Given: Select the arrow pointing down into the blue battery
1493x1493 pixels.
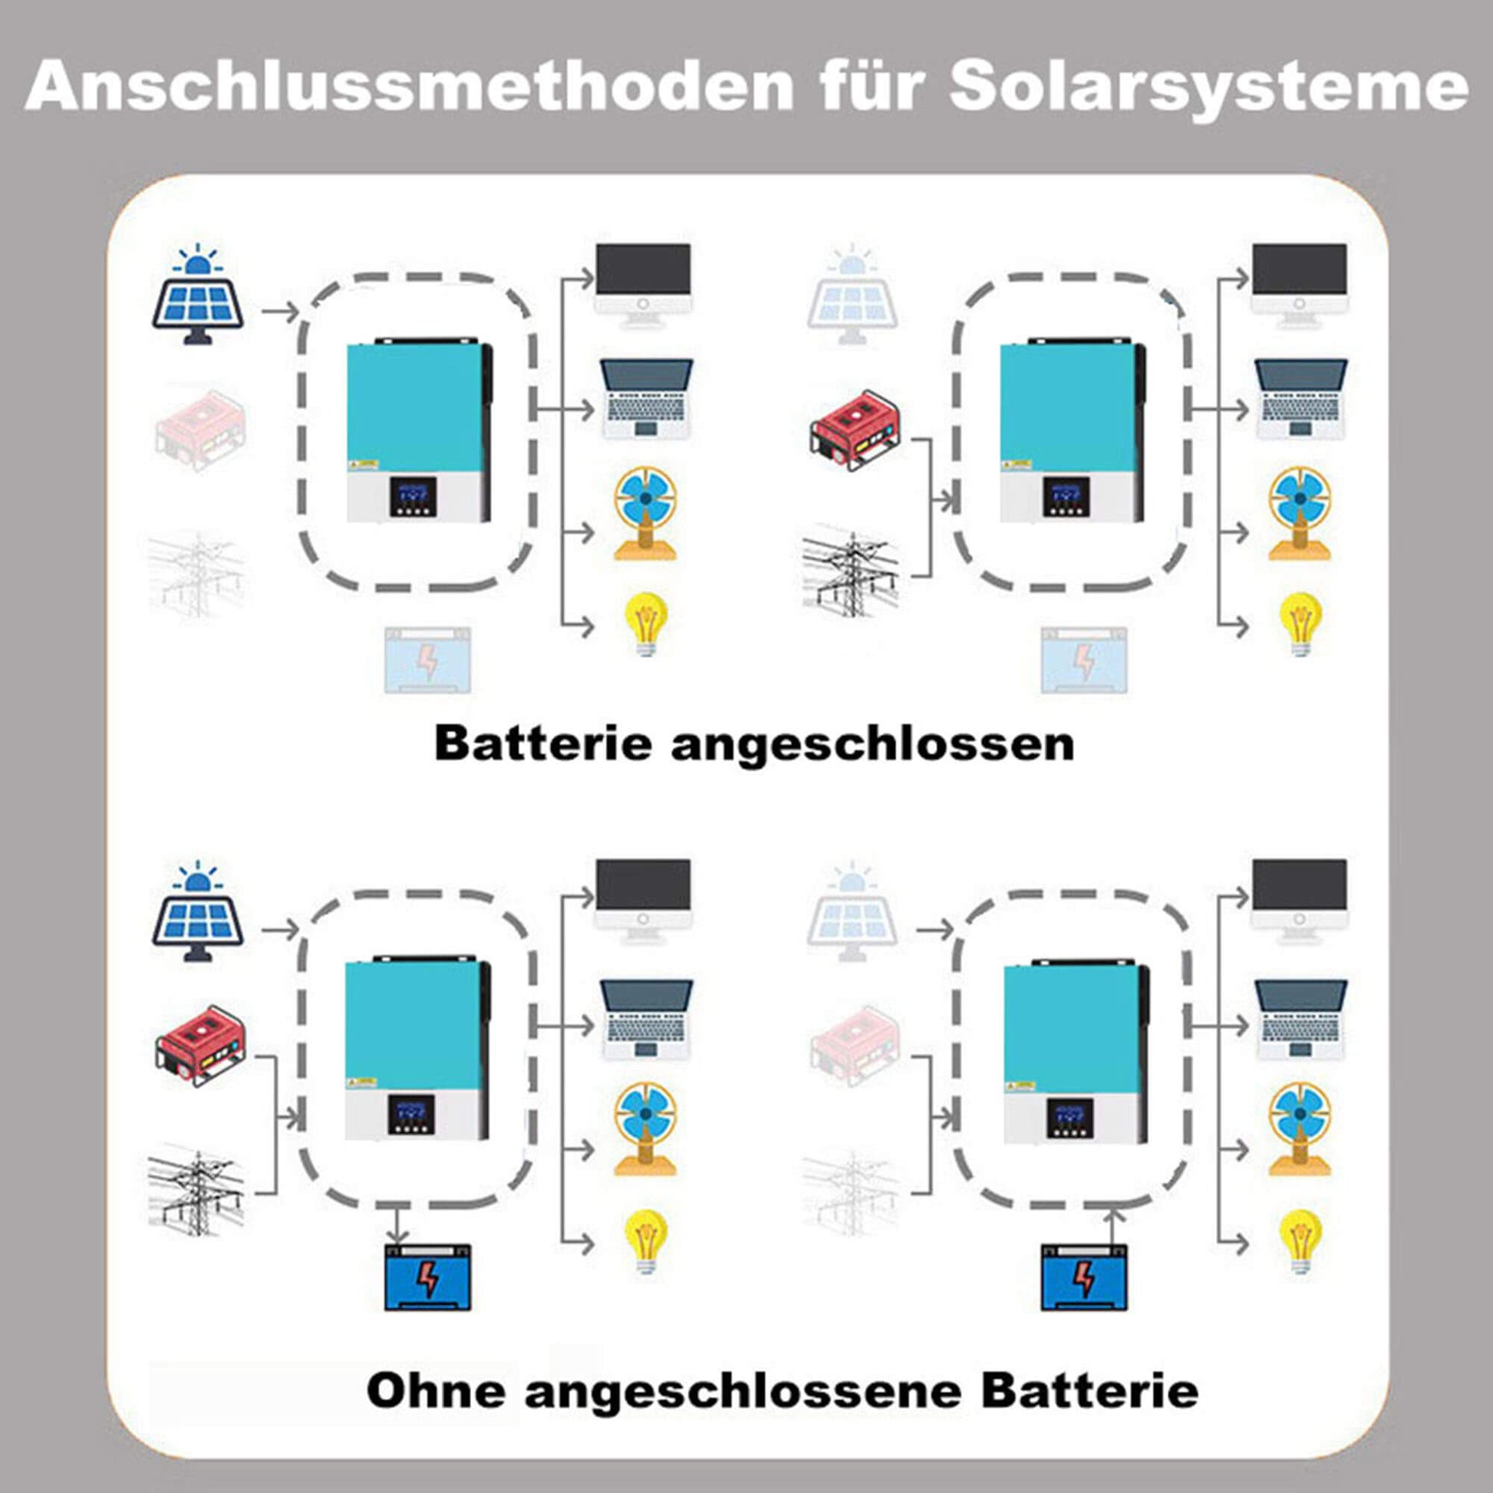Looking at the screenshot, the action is [x=397, y=1224].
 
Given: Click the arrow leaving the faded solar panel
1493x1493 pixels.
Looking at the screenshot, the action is [x=934, y=930].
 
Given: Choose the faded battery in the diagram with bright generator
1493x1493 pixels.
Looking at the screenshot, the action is [x=1084, y=661].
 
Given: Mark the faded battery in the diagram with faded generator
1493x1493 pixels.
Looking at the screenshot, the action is [x=427, y=661].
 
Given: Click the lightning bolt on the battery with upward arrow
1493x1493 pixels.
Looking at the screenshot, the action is [x=1085, y=1280].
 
